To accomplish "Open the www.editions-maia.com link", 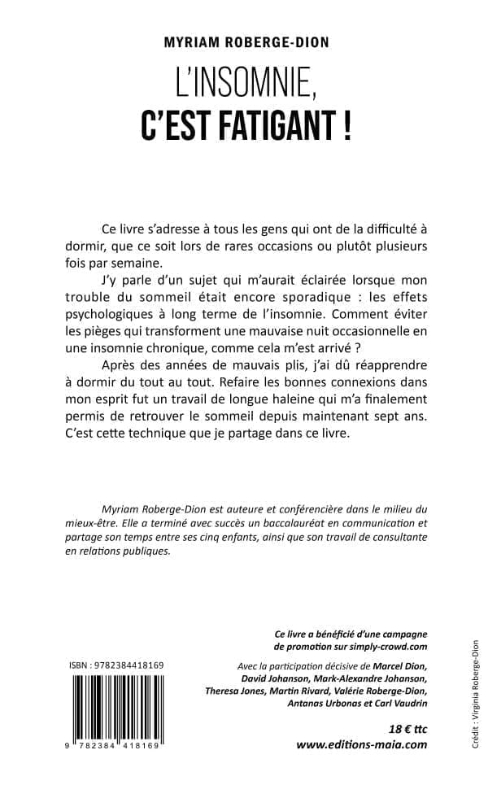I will [361, 744].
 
